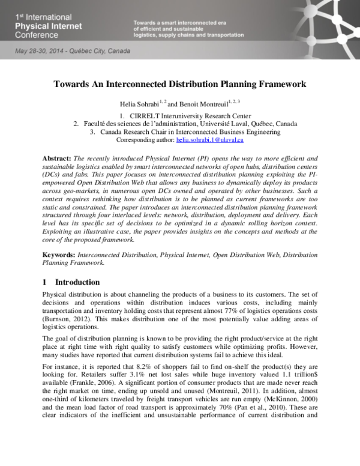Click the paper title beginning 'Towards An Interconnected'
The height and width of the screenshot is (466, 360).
pos(180,85)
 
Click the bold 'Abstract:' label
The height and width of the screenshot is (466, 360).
pos(57,159)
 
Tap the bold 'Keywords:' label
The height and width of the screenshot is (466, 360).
pos(59,254)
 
